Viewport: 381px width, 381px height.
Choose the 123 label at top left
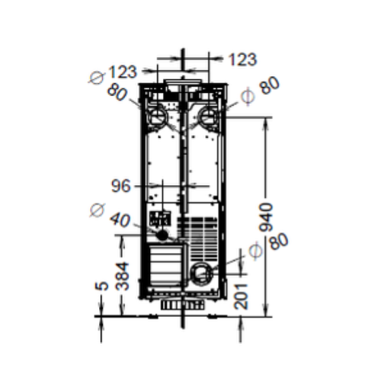123,72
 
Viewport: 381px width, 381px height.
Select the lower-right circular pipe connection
202,272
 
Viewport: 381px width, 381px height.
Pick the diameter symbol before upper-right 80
245,97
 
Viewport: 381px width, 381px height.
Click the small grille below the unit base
181,303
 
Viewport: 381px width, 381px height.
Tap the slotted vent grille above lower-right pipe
200,238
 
